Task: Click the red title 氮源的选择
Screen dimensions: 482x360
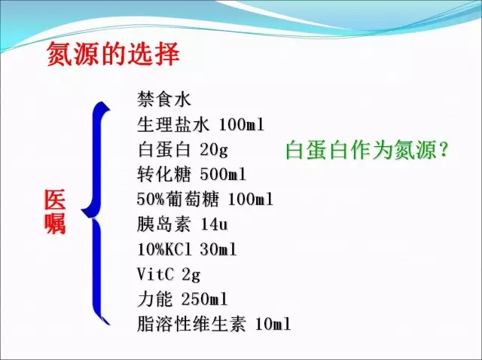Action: (x=113, y=54)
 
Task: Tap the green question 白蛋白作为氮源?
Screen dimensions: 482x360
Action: (x=366, y=151)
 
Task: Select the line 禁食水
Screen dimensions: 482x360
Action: (x=164, y=99)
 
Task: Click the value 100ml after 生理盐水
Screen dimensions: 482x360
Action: (x=242, y=124)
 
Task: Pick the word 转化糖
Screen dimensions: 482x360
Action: (x=164, y=174)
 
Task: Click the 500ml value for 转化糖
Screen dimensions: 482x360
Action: (x=223, y=174)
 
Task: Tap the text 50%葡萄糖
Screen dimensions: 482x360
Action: (x=178, y=200)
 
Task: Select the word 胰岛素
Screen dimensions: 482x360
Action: (x=164, y=224)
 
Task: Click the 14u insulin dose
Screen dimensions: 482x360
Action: (x=214, y=224)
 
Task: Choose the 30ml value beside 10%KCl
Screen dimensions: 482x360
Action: (x=218, y=249)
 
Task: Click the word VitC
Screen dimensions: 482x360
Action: (x=155, y=274)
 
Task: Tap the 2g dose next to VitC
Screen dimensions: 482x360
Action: (x=191, y=275)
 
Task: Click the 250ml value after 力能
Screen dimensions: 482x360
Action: (x=205, y=299)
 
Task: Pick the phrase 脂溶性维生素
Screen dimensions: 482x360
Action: (x=191, y=324)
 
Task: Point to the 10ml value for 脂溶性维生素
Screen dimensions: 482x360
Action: (x=273, y=324)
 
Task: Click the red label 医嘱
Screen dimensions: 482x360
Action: (x=55, y=212)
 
